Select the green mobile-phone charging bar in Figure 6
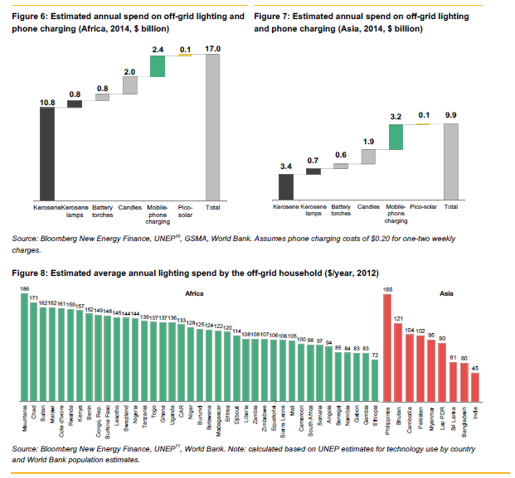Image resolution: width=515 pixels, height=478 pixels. pyautogui.click(x=158, y=65)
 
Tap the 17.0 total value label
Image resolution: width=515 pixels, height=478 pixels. pyautogui.click(x=213, y=50)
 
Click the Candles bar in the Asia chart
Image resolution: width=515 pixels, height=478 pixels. pyautogui.click(x=368, y=157)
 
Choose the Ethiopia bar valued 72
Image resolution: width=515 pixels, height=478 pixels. pyautogui.click(x=375, y=379)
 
